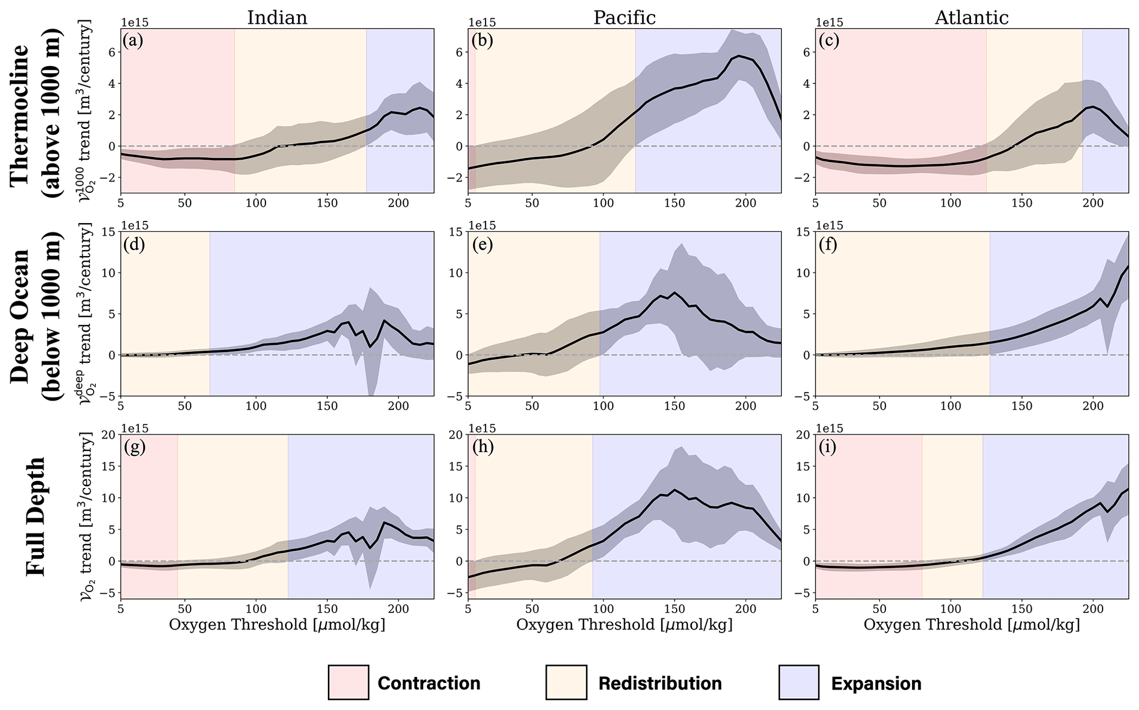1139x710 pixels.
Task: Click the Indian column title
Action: [277, 18]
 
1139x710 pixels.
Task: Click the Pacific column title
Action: [624, 18]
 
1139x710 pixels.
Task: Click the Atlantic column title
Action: [971, 18]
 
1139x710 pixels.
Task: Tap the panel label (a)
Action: [133, 41]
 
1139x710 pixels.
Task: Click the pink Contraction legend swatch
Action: [348, 682]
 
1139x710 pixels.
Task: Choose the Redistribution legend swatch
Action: [566, 682]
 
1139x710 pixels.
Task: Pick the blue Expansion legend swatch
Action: [798, 682]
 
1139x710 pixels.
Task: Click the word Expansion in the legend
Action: [876, 684]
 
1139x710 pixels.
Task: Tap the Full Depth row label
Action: [36, 516]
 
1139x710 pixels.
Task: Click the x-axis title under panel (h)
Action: [624, 625]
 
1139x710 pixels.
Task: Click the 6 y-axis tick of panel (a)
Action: [112, 52]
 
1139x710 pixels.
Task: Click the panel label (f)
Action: [828, 244]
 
